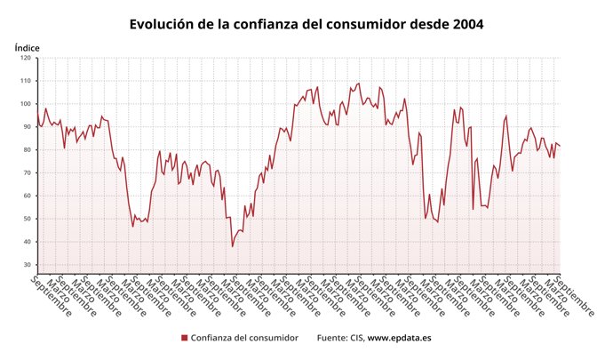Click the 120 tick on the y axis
25,59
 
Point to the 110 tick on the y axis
25,81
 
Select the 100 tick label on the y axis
25,104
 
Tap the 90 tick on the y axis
27,127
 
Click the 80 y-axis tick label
27,150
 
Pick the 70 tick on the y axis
27,173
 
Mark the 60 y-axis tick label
27,196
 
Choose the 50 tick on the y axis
27,219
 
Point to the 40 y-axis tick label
27,242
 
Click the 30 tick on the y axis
27,265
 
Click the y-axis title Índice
28,46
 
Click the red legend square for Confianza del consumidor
184,338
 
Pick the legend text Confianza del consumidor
243,338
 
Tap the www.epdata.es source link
400,338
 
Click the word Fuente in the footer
333,338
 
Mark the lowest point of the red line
233,246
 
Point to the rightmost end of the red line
560,147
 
